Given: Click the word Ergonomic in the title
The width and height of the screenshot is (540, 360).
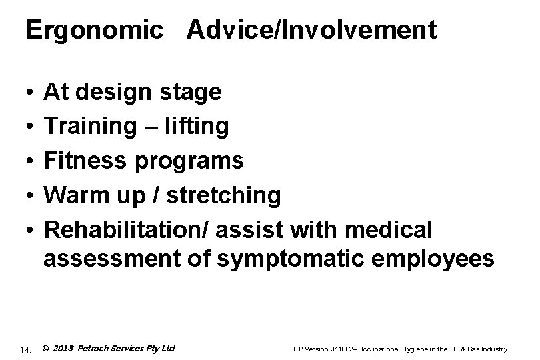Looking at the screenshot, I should coord(94,31).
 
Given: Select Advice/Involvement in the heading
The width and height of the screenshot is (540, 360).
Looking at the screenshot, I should coord(312,31).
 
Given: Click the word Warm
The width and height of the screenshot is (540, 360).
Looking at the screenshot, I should coord(72,195).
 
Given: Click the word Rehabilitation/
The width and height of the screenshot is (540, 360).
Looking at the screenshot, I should coord(126,229).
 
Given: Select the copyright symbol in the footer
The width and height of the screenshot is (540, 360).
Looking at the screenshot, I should coord(45,348).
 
